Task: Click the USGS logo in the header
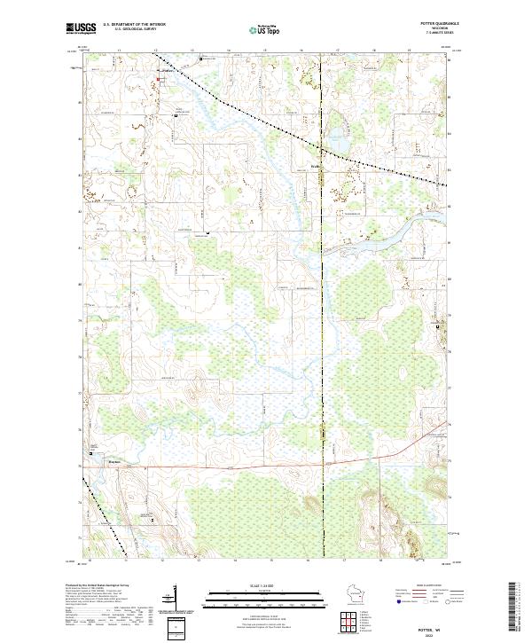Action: coord(80,28)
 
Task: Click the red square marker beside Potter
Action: coord(159,80)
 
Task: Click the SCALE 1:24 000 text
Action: coord(254,586)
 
